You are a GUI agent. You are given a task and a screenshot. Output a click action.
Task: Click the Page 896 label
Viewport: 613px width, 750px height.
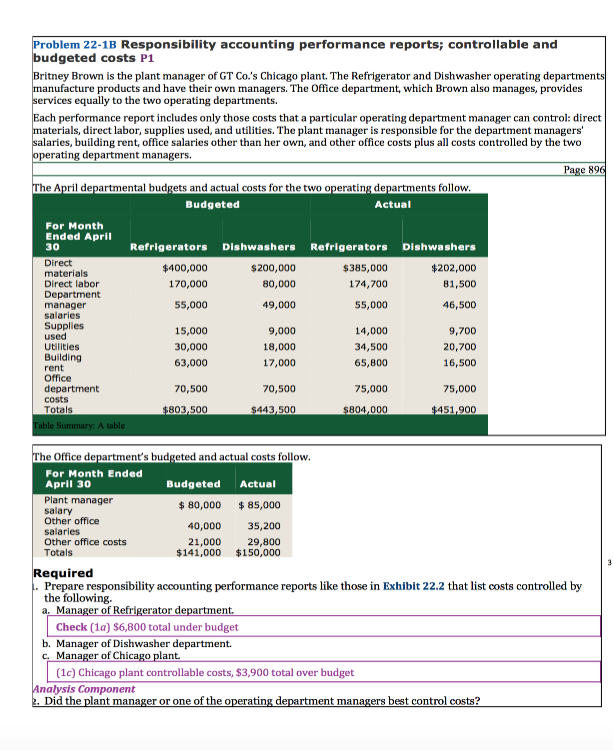click(585, 170)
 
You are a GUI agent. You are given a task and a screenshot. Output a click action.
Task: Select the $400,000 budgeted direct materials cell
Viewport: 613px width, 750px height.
click(184, 268)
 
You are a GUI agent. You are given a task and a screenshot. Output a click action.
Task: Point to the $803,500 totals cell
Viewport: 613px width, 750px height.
click(184, 409)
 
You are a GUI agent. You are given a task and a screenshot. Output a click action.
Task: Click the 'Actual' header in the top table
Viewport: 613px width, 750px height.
click(392, 204)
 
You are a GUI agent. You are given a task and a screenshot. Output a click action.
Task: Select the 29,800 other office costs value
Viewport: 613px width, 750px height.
click(264, 541)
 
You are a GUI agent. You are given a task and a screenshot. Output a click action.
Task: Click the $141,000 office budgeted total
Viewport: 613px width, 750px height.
click(198, 552)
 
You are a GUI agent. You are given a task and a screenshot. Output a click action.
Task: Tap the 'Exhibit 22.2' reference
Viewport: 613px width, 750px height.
click(417, 586)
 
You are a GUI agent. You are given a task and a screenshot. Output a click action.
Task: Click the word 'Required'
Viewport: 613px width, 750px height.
click(63, 573)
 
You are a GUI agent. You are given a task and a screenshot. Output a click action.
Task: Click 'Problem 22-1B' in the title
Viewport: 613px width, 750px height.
click(75, 45)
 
